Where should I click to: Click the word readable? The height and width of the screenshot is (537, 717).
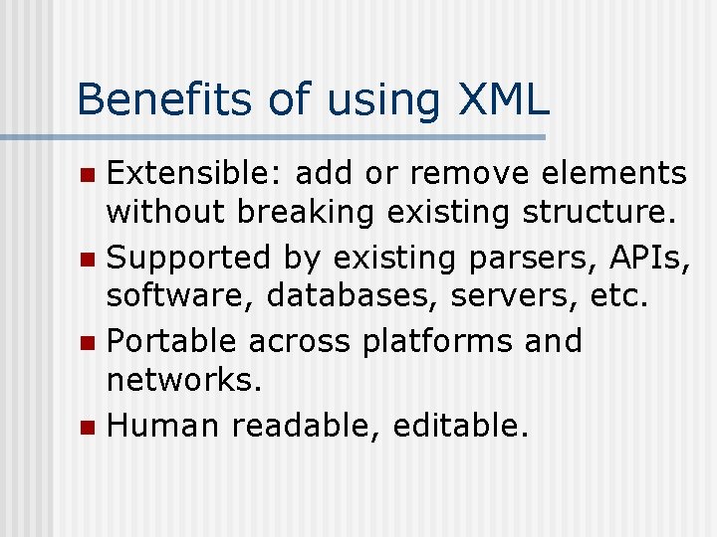coord(304,426)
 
